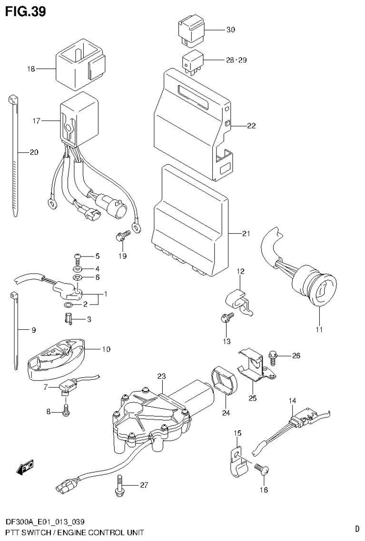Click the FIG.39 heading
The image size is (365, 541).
[x=26, y=11]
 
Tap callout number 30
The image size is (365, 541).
[x=230, y=30]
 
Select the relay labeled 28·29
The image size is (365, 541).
[x=191, y=62]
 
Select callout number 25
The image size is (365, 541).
[x=253, y=398]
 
